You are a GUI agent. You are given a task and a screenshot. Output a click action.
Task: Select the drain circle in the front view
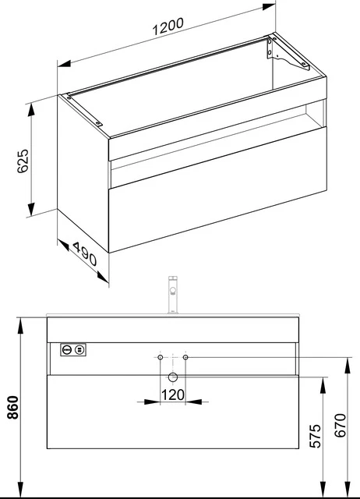pos(172,377)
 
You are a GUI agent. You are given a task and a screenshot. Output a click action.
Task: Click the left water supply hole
pos(159,357)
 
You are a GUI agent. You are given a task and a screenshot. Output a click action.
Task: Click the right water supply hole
pos(186,357)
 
